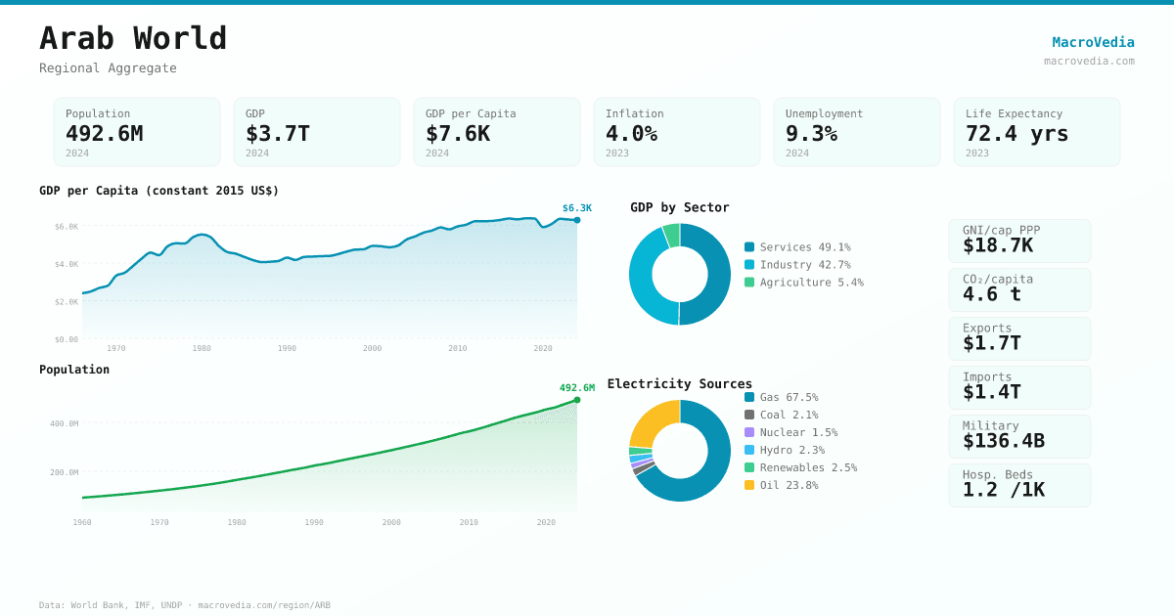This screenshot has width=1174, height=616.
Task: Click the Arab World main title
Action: point(133,38)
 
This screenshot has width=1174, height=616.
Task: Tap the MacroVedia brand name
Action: point(1093,42)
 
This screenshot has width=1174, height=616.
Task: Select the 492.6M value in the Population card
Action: point(104,134)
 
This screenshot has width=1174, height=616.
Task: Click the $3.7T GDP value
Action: point(277,134)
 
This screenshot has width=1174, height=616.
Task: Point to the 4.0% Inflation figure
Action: point(631,134)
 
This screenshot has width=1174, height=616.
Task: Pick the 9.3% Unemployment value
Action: point(811,134)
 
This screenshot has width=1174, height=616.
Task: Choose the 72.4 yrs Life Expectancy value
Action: point(1016,134)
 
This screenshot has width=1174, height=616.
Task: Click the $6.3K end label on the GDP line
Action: point(576,208)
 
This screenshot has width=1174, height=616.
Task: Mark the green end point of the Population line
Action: point(577,400)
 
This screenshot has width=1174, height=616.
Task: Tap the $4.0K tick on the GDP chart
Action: point(67,264)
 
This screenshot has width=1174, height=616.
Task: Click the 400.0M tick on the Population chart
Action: point(65,423)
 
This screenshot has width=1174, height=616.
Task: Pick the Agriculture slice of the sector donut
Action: point(671,235)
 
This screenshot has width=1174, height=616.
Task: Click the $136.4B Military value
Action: point(1003,441)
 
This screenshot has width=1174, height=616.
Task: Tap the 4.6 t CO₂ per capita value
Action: point(991,294)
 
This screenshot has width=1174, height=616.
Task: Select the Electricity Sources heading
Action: point(679,383)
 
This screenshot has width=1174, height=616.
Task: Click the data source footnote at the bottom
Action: point(185,605)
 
